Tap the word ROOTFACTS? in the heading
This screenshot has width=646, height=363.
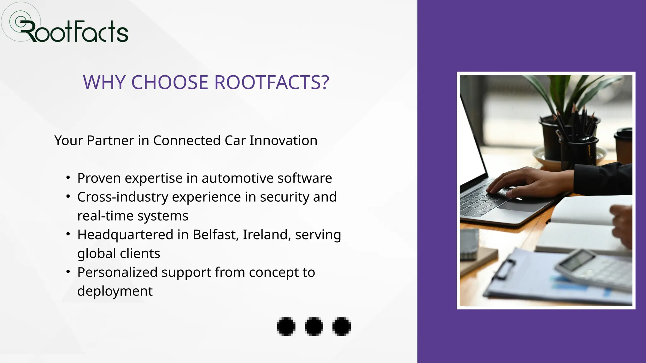point(272,83)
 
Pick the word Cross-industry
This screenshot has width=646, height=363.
point(123,197)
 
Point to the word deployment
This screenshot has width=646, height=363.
point(115,291)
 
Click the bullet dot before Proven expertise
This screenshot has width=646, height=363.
point(68,178)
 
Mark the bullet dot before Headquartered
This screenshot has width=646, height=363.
point(68,234)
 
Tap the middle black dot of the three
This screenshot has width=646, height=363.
point(314,326)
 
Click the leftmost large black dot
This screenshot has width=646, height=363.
point(286,326)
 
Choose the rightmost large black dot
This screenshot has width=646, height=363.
point(342,326)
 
